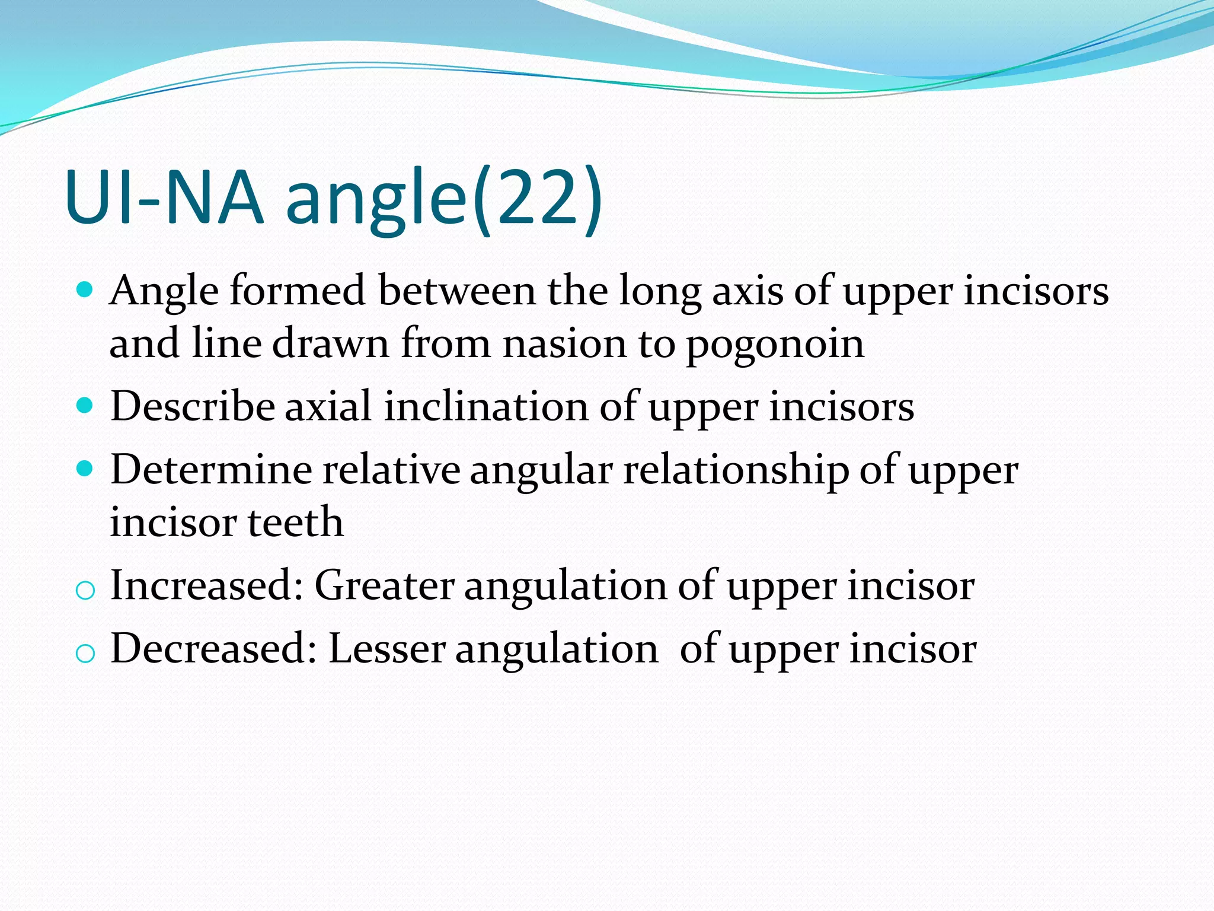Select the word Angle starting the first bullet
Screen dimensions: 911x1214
[x=164, y=292]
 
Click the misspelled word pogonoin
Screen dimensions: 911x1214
[x=775, y=345]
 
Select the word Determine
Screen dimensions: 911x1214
[x=211, y=470]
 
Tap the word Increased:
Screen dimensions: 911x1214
[x=207, y=585]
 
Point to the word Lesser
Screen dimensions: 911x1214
[x=386, y=648]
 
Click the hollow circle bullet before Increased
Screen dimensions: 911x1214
[x=85, y=591]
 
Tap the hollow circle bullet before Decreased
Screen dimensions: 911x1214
[x=85, y=654]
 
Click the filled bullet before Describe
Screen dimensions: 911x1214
[x=85, y=406]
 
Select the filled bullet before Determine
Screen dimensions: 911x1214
[x=85, y=469]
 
